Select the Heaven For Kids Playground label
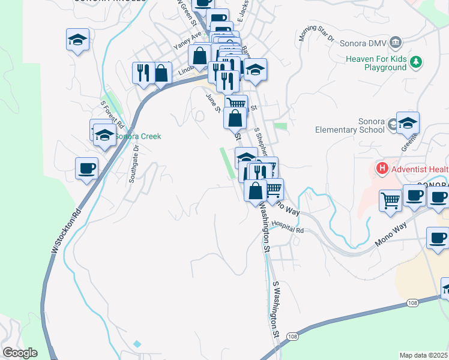[376, 63]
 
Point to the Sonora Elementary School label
[351, 125]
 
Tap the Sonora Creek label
[139, 136]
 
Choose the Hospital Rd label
[288, 227]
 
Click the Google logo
[20, 353]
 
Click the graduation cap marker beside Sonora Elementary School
[408, 124]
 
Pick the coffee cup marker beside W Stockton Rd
[87, 168]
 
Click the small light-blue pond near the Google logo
[137, 344]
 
